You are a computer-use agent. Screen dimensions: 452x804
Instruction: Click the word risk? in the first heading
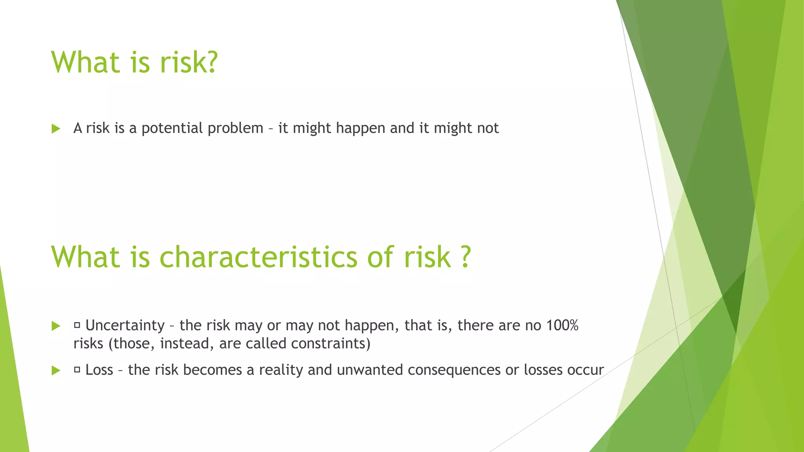point(188,62)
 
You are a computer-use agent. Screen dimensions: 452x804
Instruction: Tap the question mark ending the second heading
point(465,257)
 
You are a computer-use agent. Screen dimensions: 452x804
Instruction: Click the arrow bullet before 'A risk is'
point(56,129)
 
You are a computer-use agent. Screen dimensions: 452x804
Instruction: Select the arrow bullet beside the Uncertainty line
point(56,326)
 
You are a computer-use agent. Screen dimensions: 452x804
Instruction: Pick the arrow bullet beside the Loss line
point(56,370)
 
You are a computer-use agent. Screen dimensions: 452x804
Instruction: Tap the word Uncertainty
point(125,326)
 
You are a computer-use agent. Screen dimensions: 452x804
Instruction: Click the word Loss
point(99,370)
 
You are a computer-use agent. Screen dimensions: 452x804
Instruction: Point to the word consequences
point(452,370)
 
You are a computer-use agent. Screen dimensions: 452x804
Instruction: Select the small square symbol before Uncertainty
point(77,325)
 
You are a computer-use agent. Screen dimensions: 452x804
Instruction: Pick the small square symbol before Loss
point(77,370)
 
